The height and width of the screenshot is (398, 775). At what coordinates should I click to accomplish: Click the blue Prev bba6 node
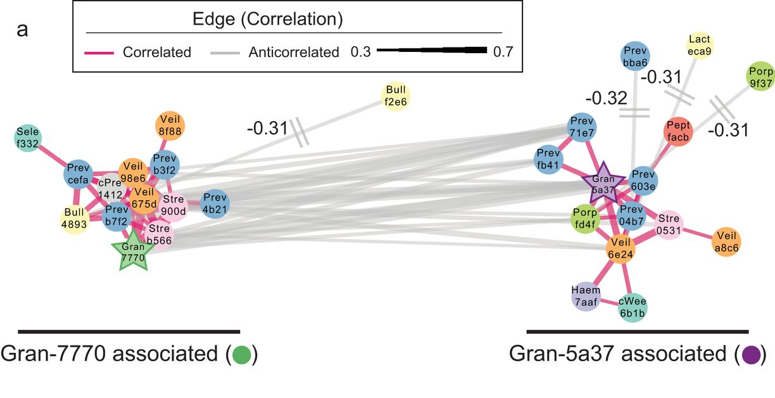click(x=635, y=58)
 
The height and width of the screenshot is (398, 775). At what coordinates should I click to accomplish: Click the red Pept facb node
click(x=678, y=132)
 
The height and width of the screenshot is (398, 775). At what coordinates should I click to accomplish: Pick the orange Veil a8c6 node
click(x=726, y=241)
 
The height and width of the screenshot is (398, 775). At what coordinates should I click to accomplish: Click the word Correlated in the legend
click(x=157, y=52)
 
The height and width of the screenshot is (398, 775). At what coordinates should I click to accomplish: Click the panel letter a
click(x=22, y=30)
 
